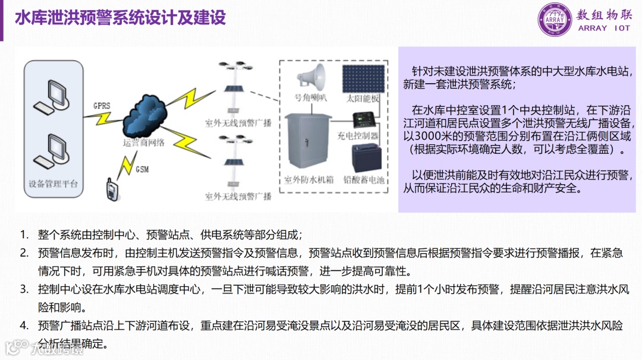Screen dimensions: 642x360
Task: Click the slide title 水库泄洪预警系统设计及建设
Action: pos(120,18)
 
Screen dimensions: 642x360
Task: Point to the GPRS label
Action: pos(102,106)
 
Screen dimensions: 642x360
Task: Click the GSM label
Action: pos(142,169)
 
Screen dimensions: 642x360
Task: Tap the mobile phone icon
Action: pos(111,188)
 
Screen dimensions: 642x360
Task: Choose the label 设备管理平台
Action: pos(53,184)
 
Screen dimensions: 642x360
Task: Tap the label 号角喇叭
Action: pos(311,98)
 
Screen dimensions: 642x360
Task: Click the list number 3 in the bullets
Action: pos(24,290)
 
